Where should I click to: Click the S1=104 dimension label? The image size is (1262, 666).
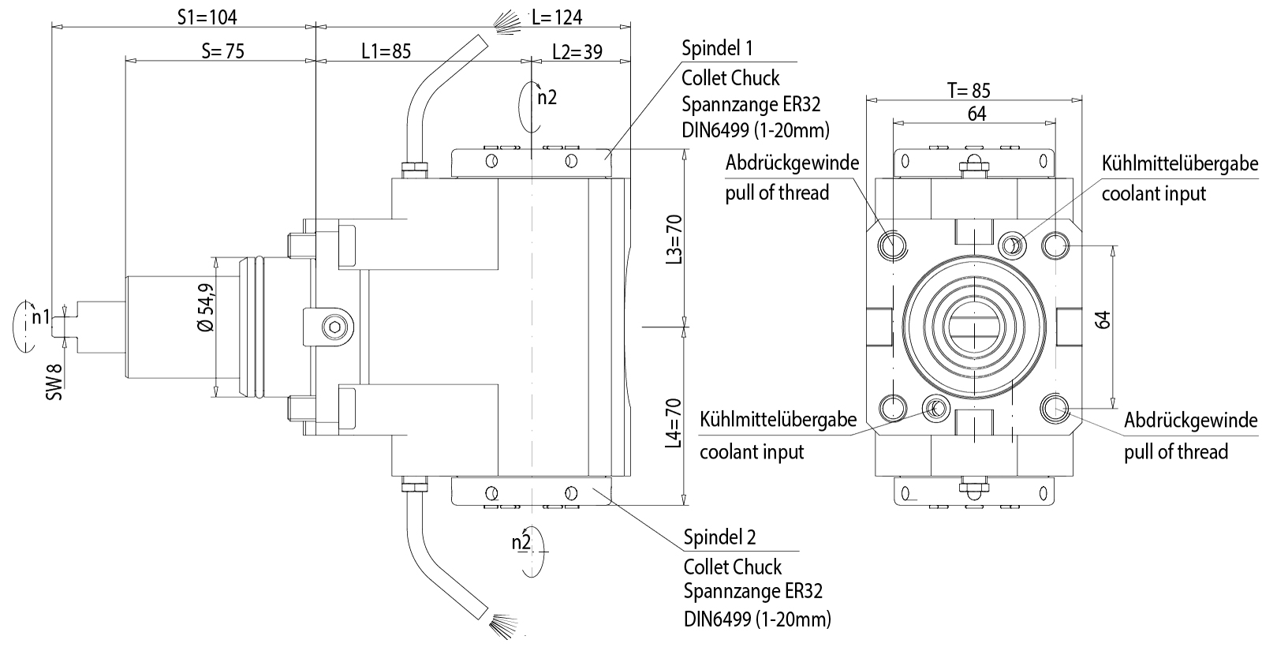[x=207, y=17]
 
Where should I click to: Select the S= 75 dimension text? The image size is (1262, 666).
[x=223, y=51]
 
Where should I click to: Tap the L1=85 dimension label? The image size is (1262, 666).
[x=386, y=52]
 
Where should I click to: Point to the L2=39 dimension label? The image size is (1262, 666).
[x=577, y=52]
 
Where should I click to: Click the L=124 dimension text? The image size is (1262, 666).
[x=557, y=17]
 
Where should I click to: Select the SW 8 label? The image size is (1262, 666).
[x=54, y=382]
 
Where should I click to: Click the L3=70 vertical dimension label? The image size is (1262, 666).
[x=673, y=239]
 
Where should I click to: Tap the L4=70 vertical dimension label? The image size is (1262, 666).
[x=673, y=423]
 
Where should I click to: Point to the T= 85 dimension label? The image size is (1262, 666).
[x=968, y=90]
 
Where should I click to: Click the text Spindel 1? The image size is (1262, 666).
[x=717, y=48]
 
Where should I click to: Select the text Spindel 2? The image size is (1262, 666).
[x=719, y=537]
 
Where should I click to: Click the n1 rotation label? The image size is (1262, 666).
[x=40, y=318]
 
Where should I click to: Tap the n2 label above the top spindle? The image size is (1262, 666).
[x=547, y=97]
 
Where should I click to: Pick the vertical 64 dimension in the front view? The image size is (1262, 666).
[x=1103, y=320]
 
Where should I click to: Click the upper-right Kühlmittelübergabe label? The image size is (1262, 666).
[x=1179, y=163]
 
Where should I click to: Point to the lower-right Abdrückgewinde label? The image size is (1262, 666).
[x=1190, y=421]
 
